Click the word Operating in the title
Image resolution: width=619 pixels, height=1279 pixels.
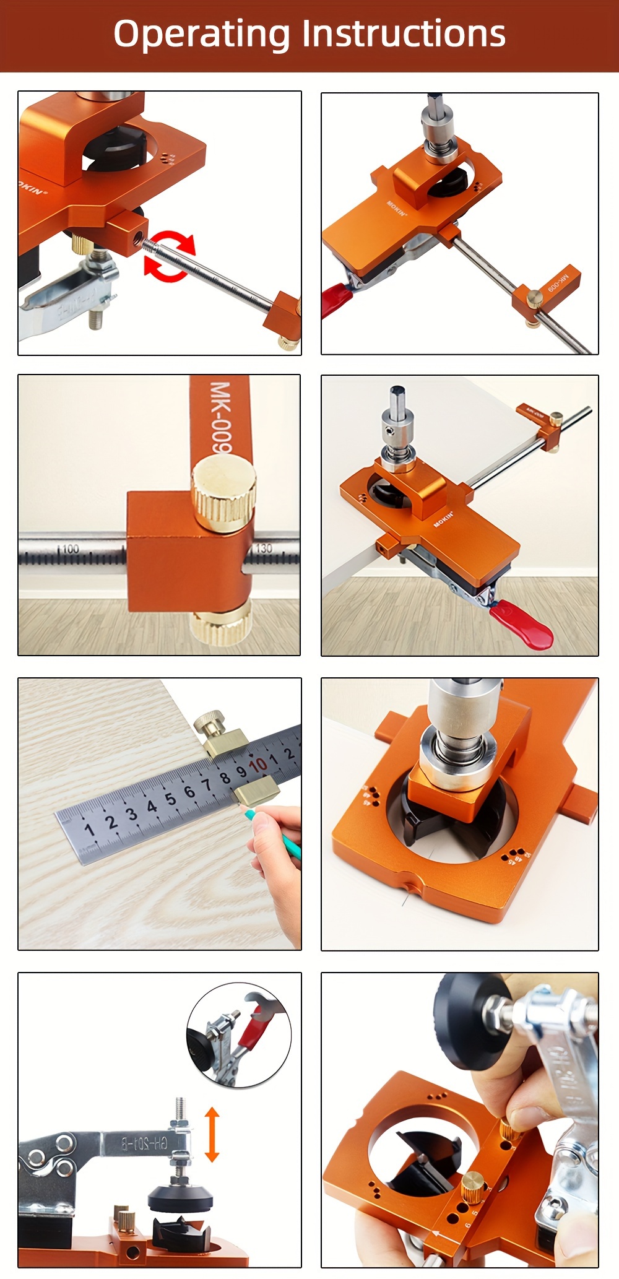click(202, 35)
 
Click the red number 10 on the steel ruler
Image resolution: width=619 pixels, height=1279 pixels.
click(258, 766)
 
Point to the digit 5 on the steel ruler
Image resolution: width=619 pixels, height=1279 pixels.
click(170, 799)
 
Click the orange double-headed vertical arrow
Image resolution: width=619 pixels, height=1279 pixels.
click(212, 1134)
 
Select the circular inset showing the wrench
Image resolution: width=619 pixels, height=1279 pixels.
click(238, 1039)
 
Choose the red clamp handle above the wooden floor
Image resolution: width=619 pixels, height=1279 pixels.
click(521, 626)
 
